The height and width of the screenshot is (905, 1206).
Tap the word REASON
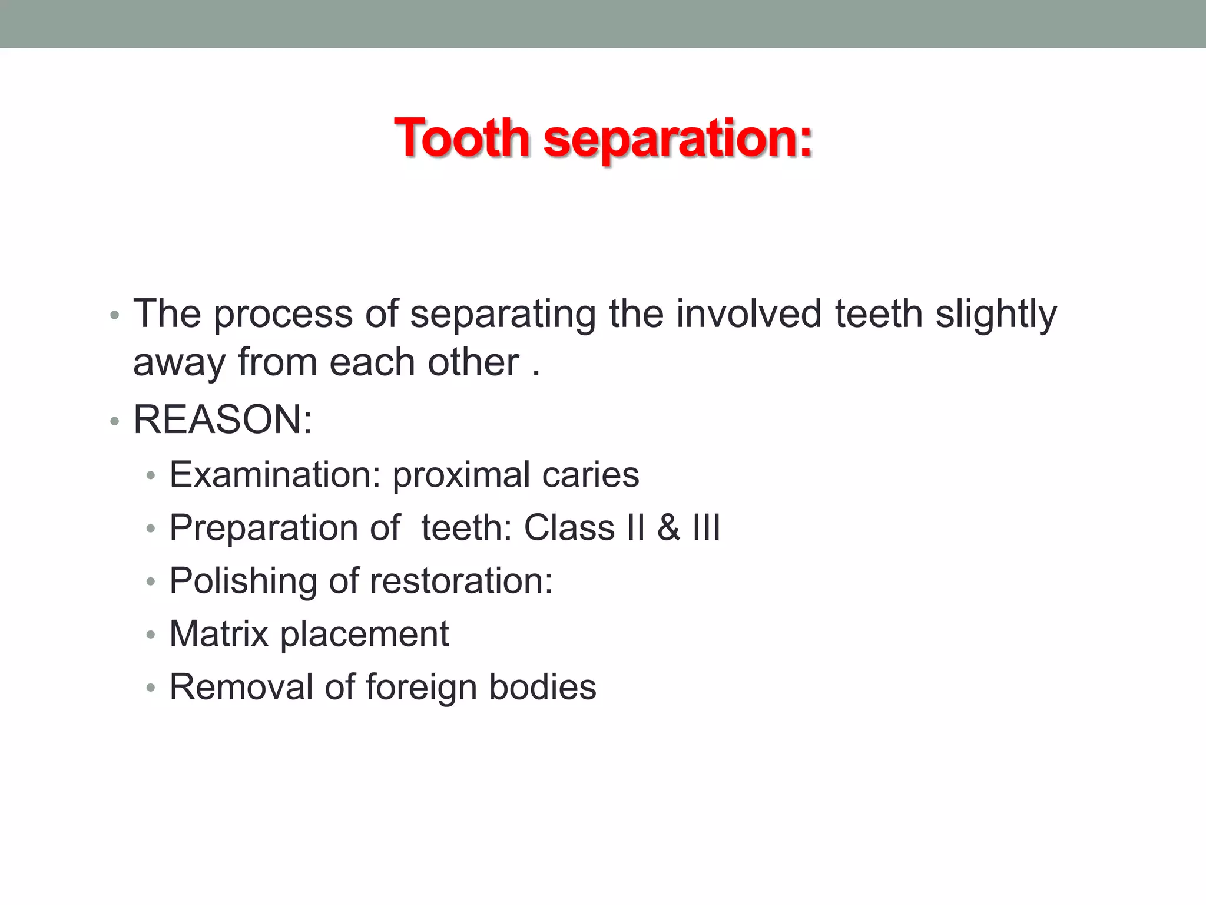click(218, 420)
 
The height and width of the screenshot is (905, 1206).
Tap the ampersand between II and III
click(668, 527)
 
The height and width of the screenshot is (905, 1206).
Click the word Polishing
click(243, 582)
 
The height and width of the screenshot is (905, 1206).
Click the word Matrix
click(219, 634)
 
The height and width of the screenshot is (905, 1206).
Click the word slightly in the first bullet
click(996, 315)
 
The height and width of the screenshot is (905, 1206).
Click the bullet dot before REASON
click(115, 421)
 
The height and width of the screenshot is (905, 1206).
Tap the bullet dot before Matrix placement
click(151, 635)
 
